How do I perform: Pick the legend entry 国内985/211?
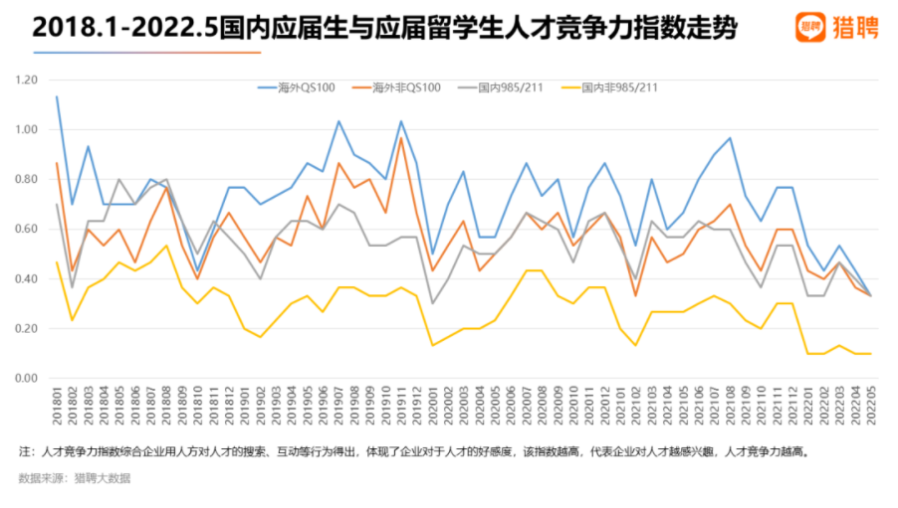pos(507,87)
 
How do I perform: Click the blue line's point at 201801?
pos(57,96)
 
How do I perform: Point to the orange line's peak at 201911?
pos(401,137)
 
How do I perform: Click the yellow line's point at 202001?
pos(432,345)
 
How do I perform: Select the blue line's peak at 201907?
pos(338,121)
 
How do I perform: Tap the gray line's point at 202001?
pos(432,303)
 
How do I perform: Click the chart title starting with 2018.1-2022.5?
pos(384,27)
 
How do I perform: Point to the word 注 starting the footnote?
pos(24,450)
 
